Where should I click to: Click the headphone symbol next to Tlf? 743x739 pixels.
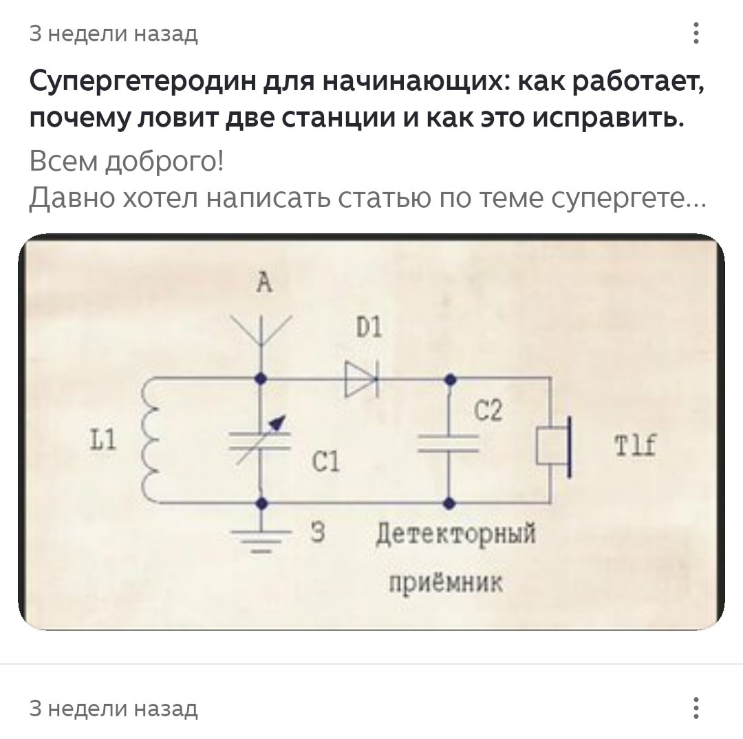coord(556,445)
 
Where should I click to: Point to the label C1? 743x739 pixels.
coord(325,462)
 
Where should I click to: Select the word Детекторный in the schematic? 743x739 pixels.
coord(455,535)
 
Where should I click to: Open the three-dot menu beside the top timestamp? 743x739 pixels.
coord(697,33)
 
